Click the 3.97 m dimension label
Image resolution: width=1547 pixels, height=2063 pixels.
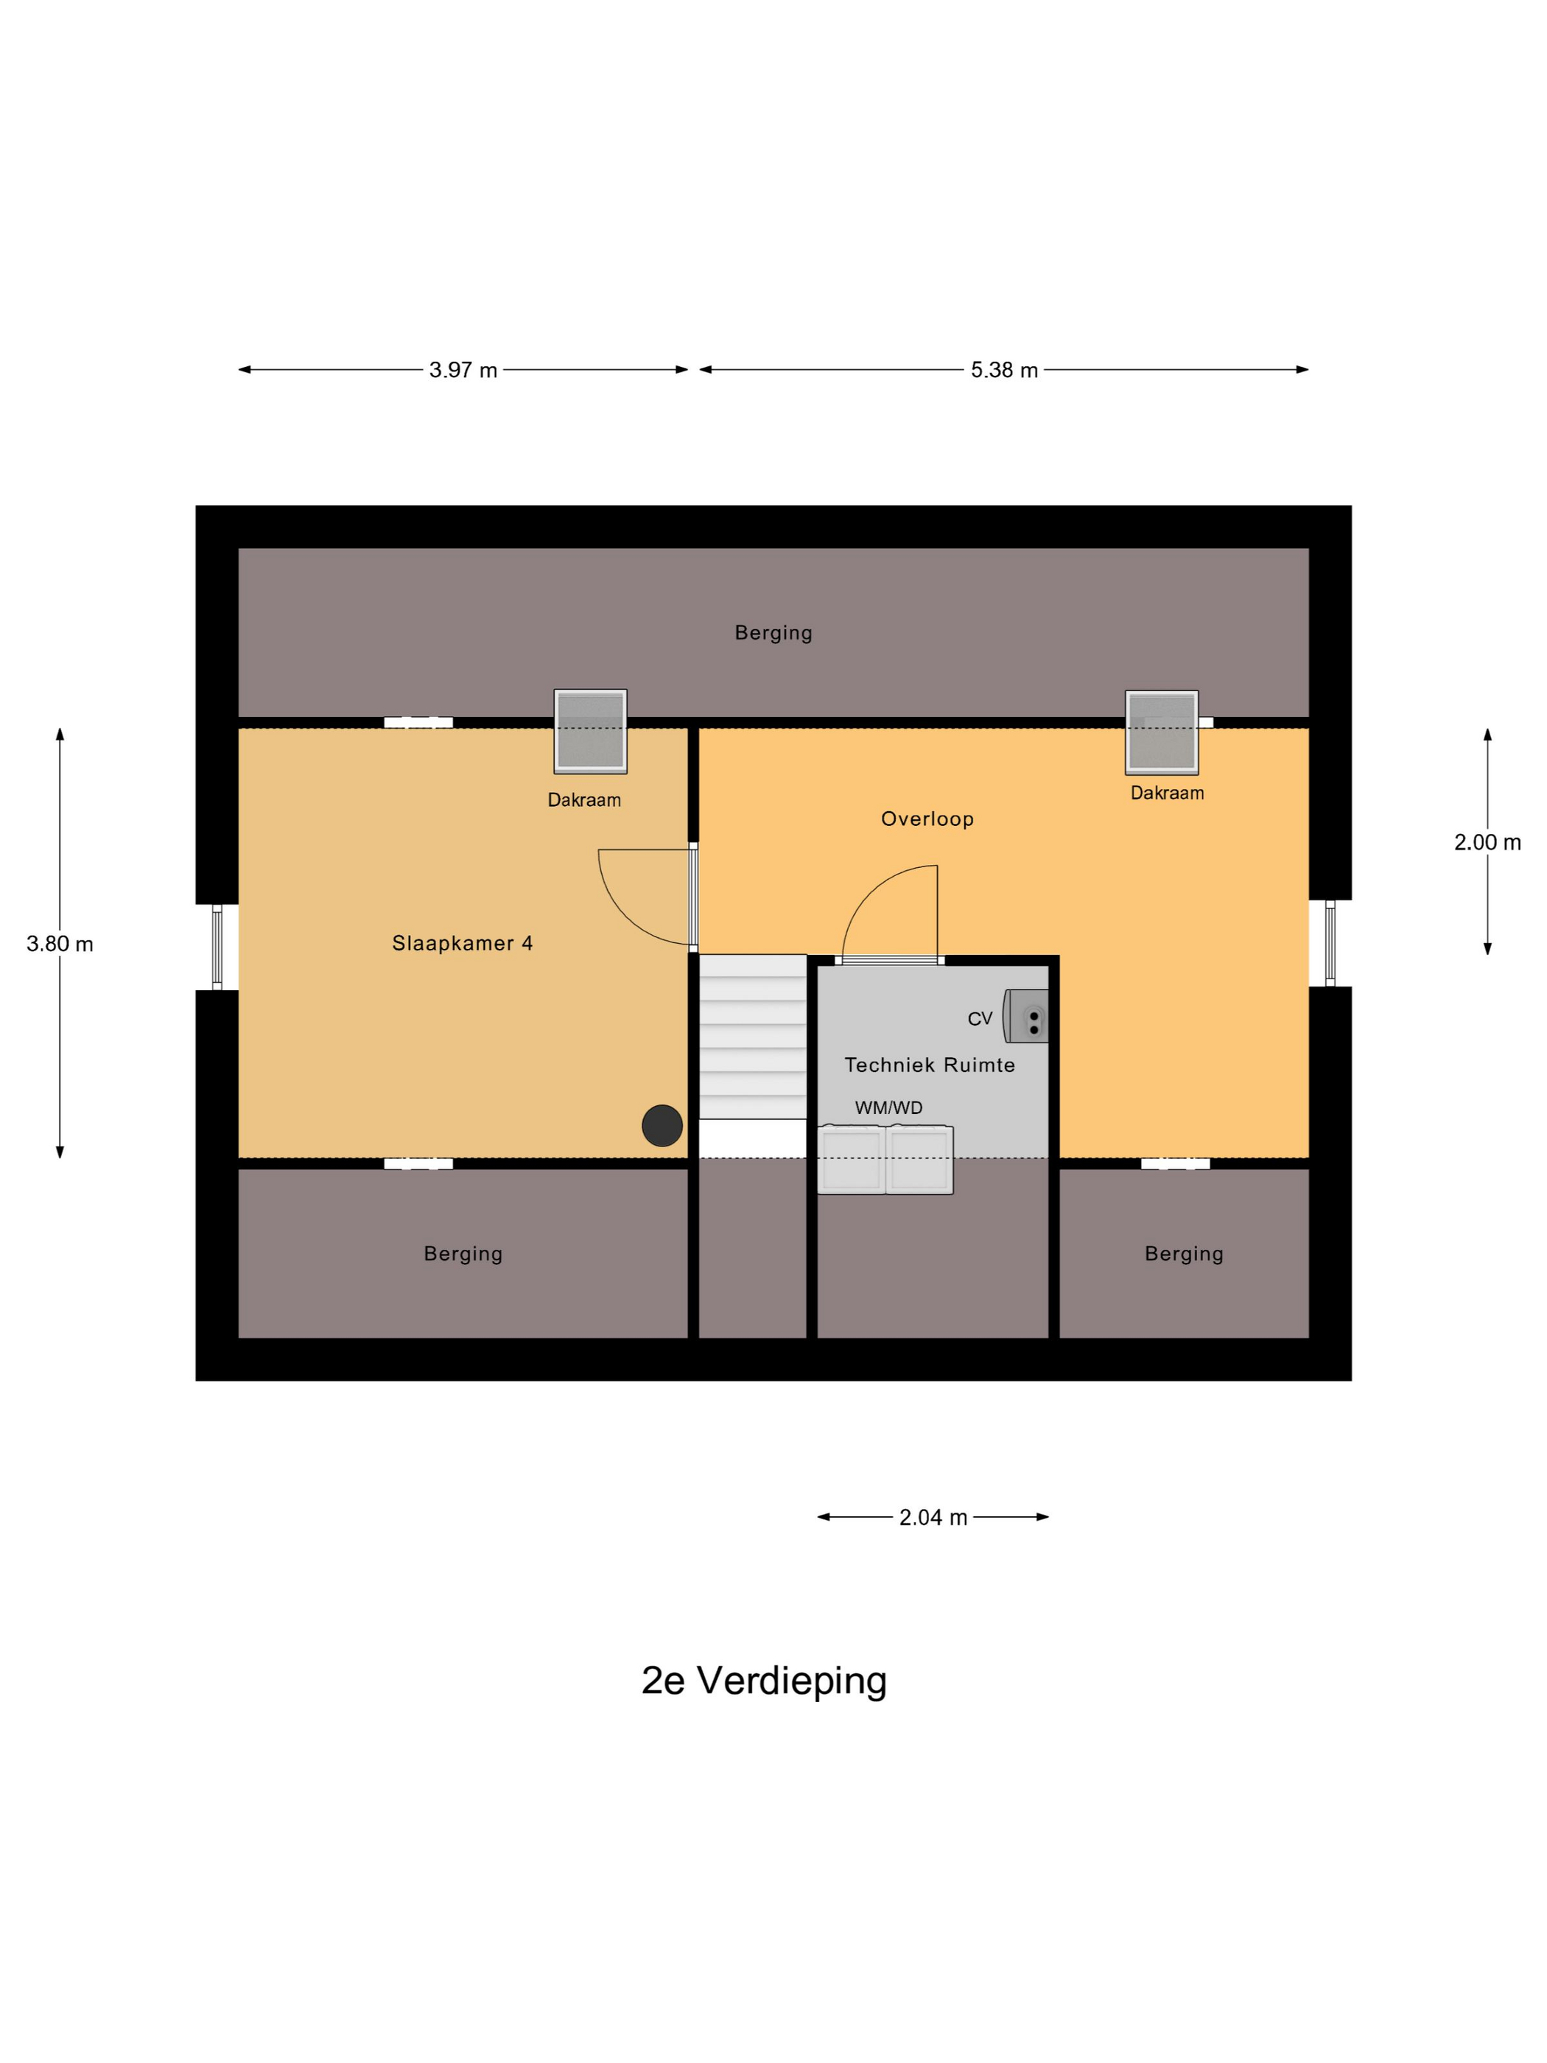tap(463, 371)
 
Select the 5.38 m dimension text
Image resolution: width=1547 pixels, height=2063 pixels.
tap(1003, 371)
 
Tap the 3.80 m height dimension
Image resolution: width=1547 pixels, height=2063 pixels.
tap(60, 944)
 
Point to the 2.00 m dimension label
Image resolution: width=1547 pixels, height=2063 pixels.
tap(1487, 842)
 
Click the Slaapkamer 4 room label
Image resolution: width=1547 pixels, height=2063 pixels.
tap(462, 943)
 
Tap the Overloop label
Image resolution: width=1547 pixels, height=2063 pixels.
tap(927, 819)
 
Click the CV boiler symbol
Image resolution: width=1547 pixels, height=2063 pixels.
tap(1027, 1015)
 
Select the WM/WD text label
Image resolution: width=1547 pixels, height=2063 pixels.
tap(888, 1108)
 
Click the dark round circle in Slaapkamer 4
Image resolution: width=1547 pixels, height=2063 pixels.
tap(662, 1126)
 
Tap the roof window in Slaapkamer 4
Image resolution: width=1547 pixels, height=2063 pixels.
tap(590, 731)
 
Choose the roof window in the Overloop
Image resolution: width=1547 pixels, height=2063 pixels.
tap(1161, 732)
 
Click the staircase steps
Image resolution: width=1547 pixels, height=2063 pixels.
tap(753, 1035)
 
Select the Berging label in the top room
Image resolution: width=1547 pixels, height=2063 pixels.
tap(773, 632)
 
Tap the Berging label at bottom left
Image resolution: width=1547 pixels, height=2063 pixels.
tap(463, 1253)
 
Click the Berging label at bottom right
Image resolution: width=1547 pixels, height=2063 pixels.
tap(1183, 1253)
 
